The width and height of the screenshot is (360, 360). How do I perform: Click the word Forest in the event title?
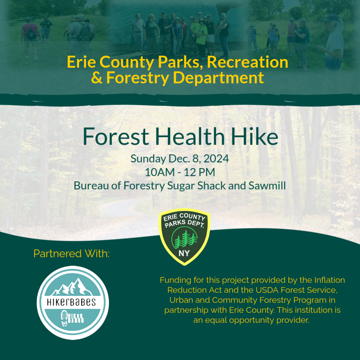tap(116, 137)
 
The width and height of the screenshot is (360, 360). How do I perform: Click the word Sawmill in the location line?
tap(267, 186)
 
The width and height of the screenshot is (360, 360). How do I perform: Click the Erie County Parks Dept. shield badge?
tap(184, 237)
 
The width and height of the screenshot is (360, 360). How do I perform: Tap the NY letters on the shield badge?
tap(184, 253)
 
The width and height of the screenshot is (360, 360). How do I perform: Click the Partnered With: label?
tap(71, 254)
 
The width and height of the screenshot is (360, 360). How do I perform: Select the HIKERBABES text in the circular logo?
tap(72, 302)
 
